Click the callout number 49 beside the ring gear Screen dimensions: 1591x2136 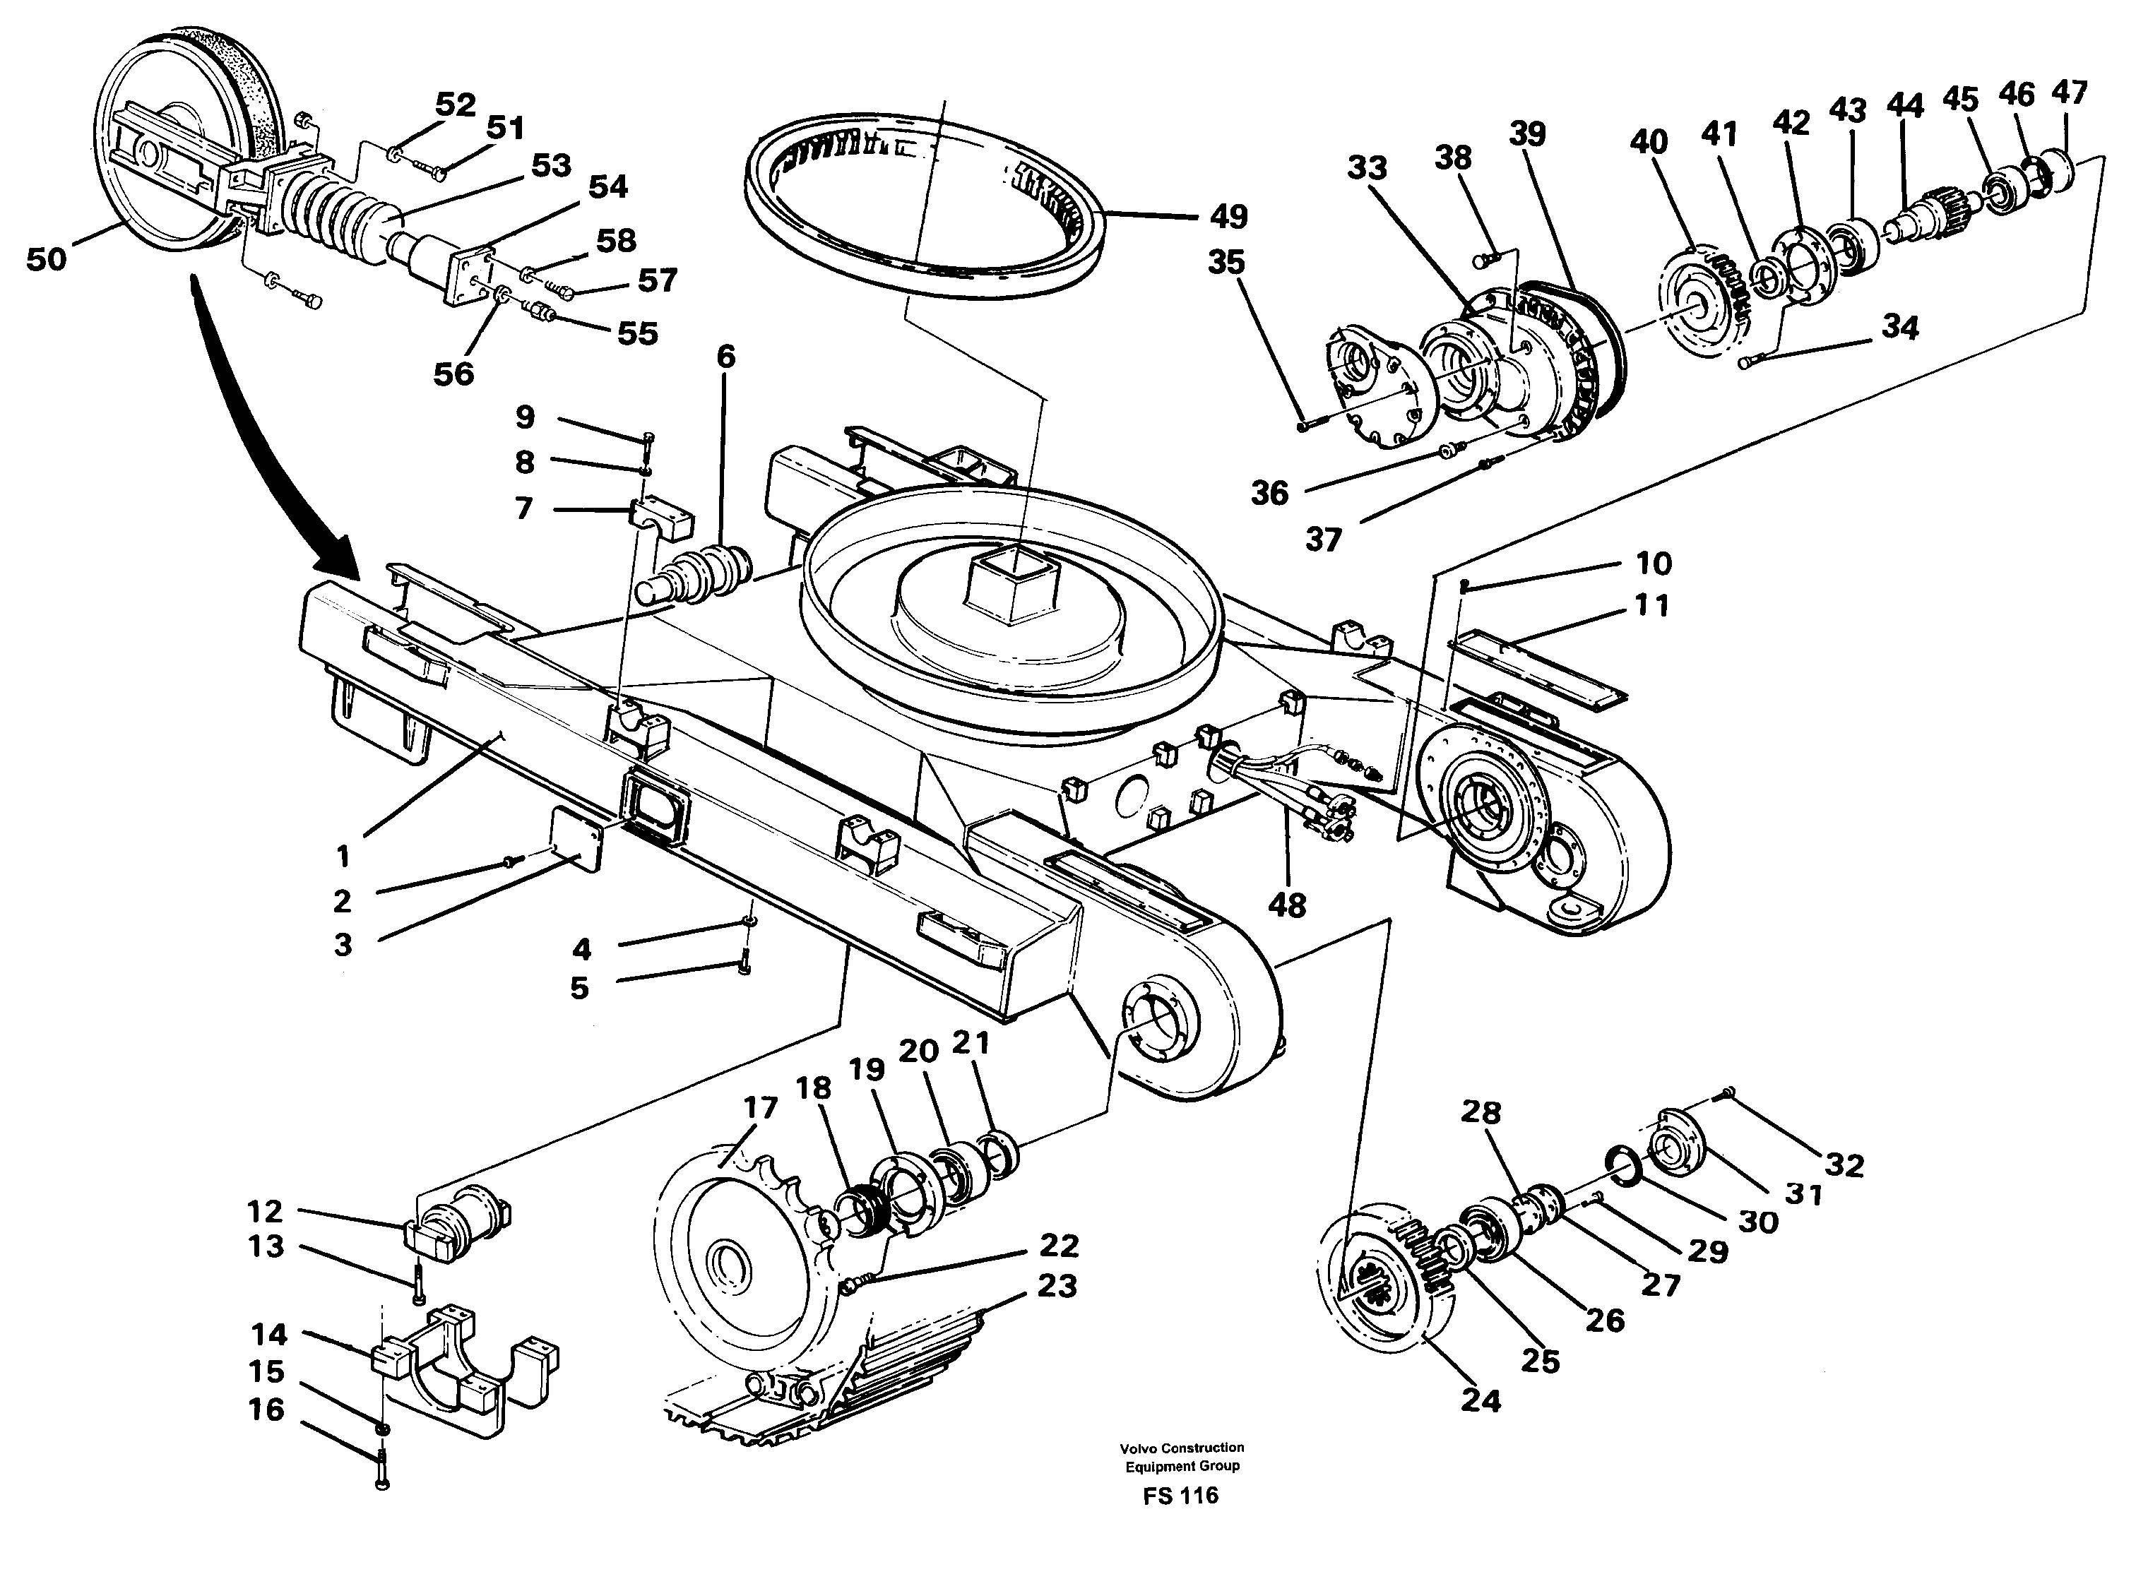coord(1227,217)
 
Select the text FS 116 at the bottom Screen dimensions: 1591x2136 coord(1181,1496)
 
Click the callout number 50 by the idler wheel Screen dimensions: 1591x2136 coord(46,259)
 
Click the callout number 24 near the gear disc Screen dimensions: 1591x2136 coord(1481,1400)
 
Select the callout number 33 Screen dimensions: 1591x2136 coord(1367,167)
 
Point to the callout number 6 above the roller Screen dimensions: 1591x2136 coord(725,357)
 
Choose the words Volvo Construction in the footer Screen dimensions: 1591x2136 coord(1182,1448)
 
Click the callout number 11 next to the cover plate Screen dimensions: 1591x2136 coord(1651,606)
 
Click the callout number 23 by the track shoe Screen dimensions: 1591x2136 coord(1057,1286)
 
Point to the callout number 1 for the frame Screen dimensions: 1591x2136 coord(343,855)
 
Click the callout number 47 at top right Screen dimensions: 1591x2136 coord(2069,93)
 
